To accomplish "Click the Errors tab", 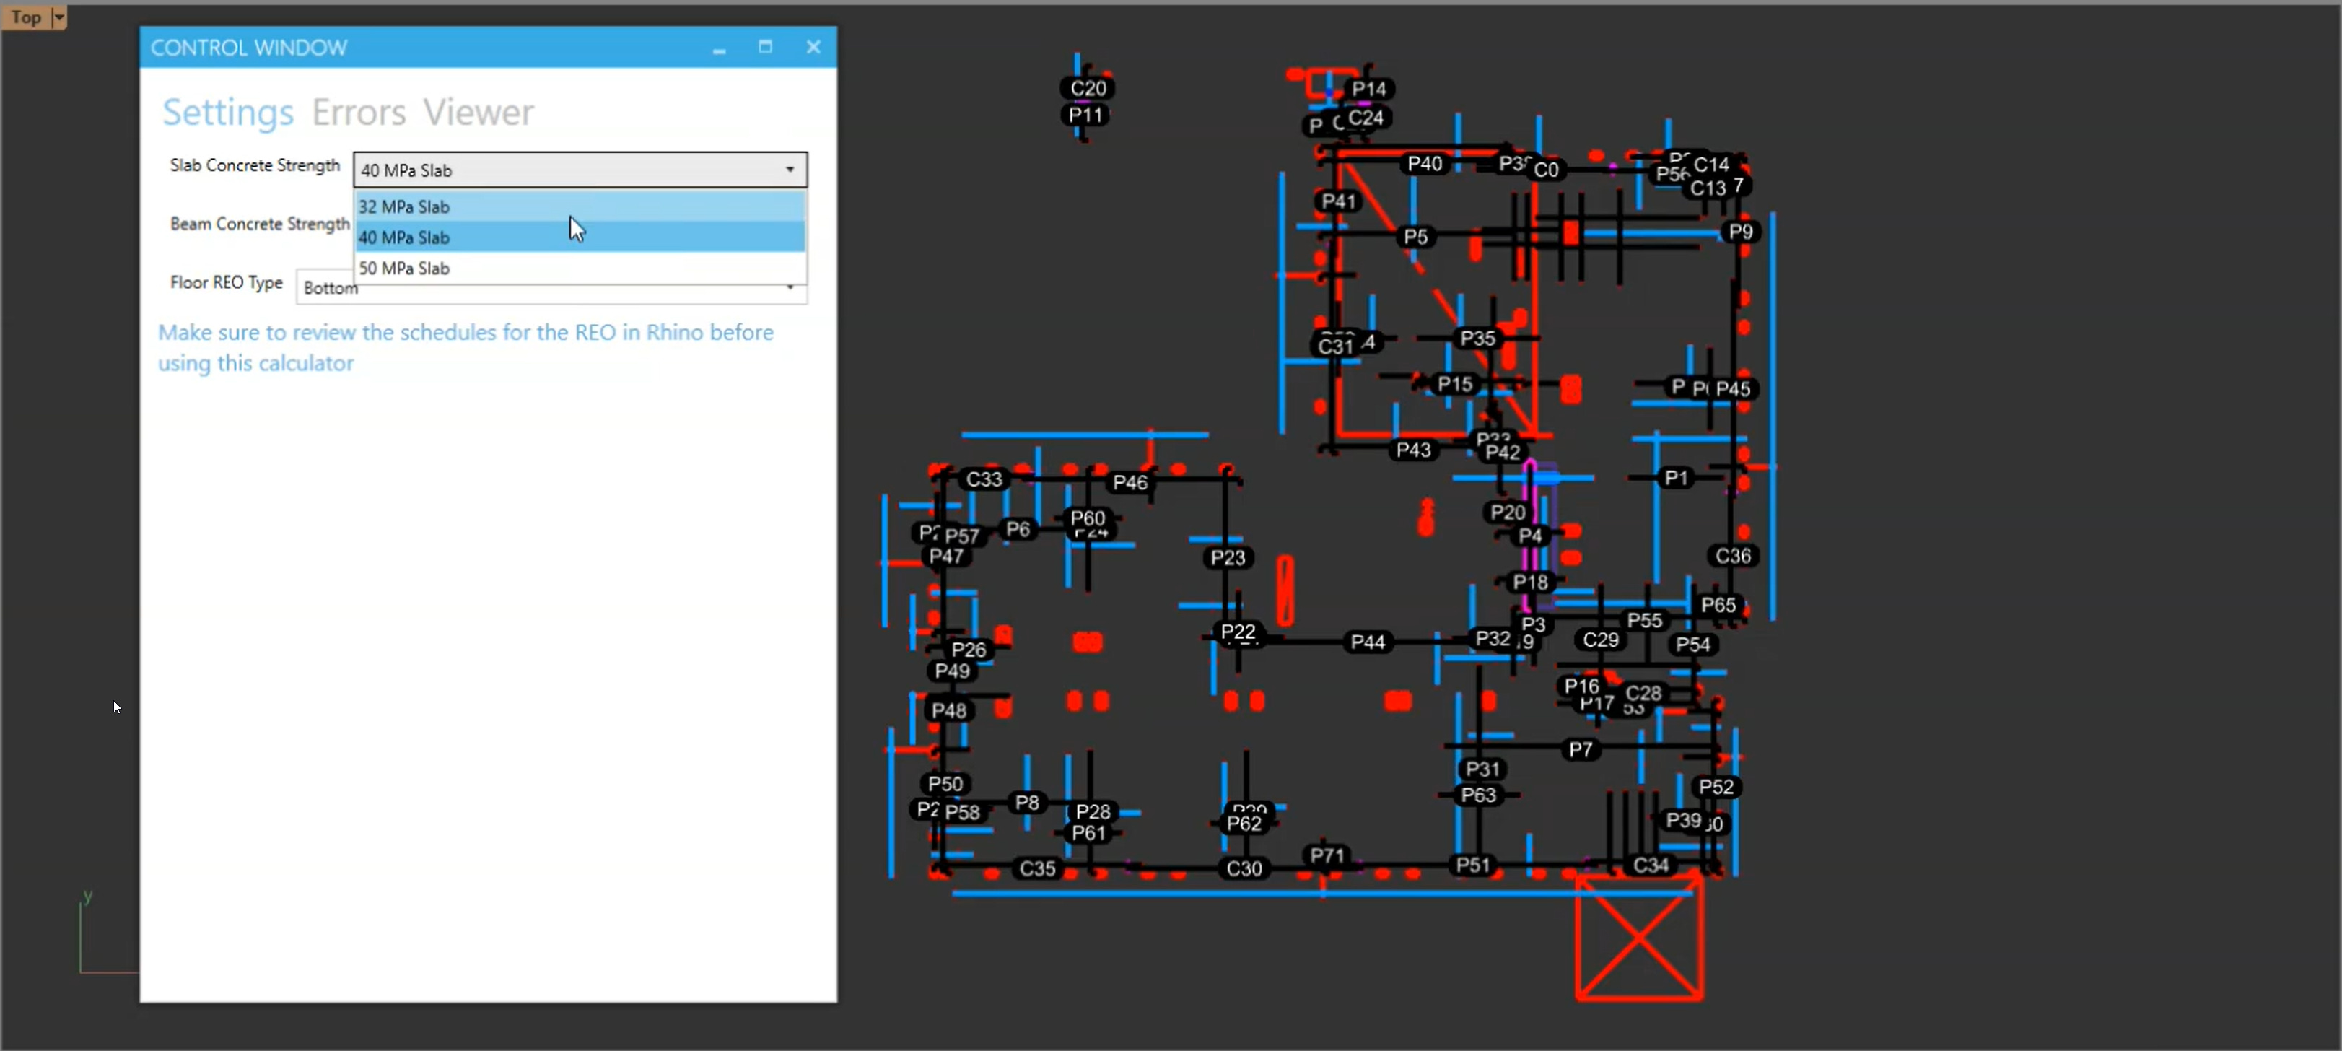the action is tap(358, 113).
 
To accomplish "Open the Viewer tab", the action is tap(479, 113).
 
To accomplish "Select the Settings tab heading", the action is tap(227, 113).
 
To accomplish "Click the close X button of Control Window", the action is tap(813, 47).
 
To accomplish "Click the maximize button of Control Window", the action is tap(766, 47).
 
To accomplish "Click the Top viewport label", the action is tap(27, 17).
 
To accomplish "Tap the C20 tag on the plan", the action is tap(1088, 88).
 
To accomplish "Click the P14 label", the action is tap(1368, 89).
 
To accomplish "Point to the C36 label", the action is tap(1733, 557).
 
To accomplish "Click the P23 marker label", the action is tap(1228, 558).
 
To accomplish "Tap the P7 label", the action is tap(1580, 750).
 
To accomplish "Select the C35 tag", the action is tap(1037, 868).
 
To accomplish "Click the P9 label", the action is tap(1740, 232).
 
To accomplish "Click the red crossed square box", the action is tap(1638, 938).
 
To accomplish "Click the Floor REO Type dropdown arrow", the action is tap(790, 287).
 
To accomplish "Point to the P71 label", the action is tap(1327, 855).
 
